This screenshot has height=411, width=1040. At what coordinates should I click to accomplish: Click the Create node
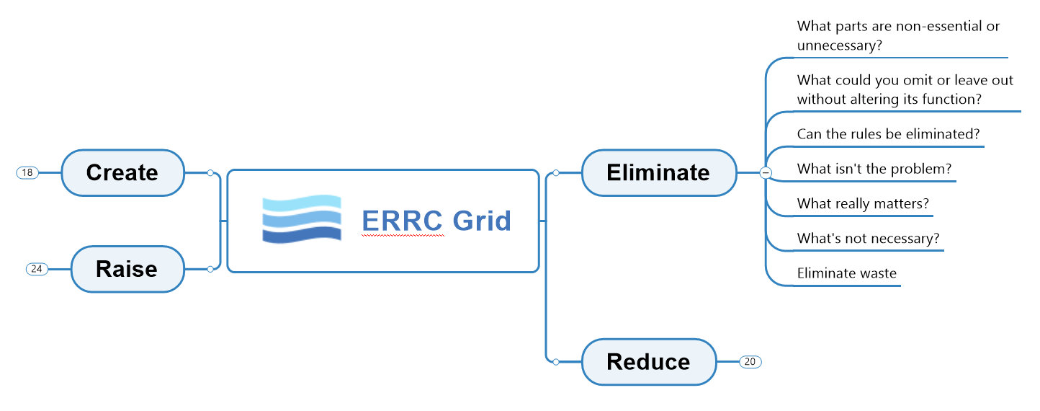pyautogui.click(x=122, y=173)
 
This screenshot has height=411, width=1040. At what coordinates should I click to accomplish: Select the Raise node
pyautogui.click(x=127, y=269)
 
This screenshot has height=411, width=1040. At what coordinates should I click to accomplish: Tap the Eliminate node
pyautogui.click(x=658, y=173)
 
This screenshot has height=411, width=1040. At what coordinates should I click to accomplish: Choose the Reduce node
pyautogui.click(x=648, y=361)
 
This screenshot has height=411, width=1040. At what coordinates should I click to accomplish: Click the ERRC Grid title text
pyautogui.click(x=436, y=221)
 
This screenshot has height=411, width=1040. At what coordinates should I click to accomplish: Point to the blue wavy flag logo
pyautogui.click(x=302, y=218)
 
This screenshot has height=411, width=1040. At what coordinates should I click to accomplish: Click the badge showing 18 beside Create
pyautogui.click(x=27, y=173)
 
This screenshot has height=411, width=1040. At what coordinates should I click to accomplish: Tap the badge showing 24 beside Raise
pyautogui.click(x=37, y=269)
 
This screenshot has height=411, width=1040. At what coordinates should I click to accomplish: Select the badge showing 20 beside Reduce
pyautogui.click(x=750, y=361)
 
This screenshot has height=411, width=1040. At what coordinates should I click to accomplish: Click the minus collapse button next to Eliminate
pyautogui.click(x=766, y=173)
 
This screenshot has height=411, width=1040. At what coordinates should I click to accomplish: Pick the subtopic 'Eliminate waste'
pyautogui.click(x=846, y=273)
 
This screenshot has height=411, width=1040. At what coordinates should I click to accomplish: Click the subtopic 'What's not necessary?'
pyautogui.click(x=868, y=239)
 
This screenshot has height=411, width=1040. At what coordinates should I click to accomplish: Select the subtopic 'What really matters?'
pyautogui.click(x=863, y=204)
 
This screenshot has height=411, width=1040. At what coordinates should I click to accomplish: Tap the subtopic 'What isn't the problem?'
pyautogui.click(x=874, y=169)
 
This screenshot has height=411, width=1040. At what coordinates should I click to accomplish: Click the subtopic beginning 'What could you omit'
pyautogui.click(x=905, y=90)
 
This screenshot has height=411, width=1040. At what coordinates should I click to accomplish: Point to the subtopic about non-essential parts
pyautogui.click(x=898, y=36)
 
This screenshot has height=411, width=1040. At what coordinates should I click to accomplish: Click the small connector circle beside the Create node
pyautogui.click(x=210, y=173)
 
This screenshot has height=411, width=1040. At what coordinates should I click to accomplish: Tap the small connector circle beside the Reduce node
pyautogui.click(x=555, y=361)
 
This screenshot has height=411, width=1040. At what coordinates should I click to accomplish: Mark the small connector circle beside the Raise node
pyautogui.click(x=210, y=269)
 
